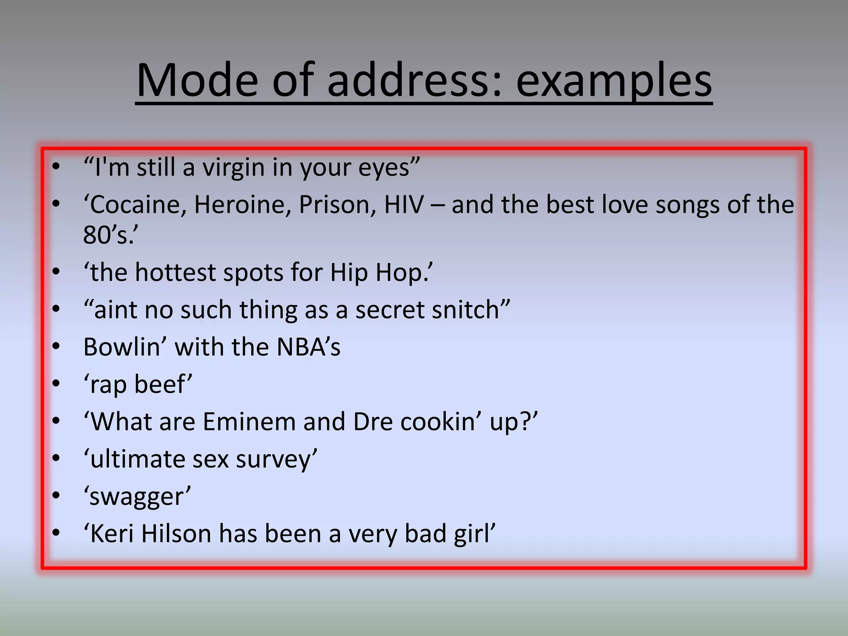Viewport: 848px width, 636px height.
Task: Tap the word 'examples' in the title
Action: coord(614,81)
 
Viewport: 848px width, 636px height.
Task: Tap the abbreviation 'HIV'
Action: coord(404,205)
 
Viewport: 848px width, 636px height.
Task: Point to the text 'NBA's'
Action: coord(308,347)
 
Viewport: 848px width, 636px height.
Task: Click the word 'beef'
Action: coord(162,384)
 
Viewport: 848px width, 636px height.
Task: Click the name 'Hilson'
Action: coord(176,534)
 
